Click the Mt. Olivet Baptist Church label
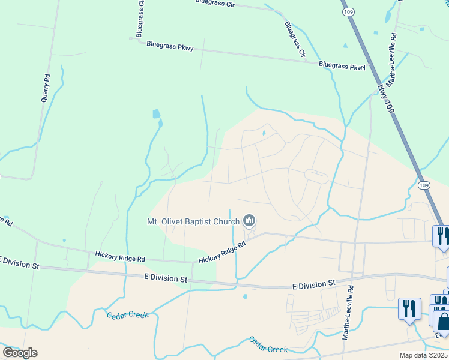tap(193, 221)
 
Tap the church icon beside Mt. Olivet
tap(250, 221)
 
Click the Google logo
tap(20, 353)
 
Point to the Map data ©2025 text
tap(424, 355)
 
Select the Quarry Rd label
tap(45, 88)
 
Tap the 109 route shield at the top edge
tap(346, 11)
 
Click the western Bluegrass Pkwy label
tap(170, 46)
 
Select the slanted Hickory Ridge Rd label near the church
tap(223, 252)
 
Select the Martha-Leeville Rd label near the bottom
tap(348, 312)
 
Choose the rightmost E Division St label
tap(313, 283)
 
